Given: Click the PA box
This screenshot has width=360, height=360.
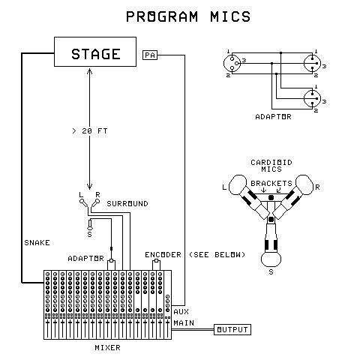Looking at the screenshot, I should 150,55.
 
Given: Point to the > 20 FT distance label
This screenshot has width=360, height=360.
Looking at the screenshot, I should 89,131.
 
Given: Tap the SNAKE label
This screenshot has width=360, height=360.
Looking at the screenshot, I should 37,243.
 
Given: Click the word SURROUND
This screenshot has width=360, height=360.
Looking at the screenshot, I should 127,203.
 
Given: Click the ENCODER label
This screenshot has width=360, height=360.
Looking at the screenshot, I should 163,254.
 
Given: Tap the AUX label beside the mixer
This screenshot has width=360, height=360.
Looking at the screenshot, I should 181,310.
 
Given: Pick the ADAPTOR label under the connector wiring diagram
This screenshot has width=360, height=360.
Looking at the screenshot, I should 273,117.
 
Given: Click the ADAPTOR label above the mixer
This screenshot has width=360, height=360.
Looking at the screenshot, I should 85,258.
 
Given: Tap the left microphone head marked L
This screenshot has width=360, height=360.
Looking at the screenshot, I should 238,184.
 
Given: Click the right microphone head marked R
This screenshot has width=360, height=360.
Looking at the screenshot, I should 304,184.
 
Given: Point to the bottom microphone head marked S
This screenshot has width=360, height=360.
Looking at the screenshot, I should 271,259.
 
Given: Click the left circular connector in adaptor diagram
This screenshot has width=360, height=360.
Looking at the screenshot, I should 233,62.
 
